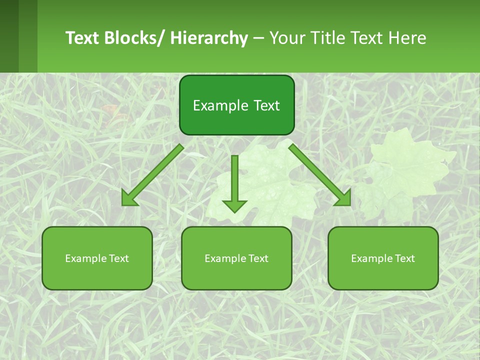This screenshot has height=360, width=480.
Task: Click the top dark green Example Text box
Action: click(x=236, y=105)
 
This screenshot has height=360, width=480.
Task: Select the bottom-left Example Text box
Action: click(x=97, y=258)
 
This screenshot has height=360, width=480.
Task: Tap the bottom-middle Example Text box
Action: click(x=236, y=258)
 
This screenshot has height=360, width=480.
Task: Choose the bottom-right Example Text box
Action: click(x=383, y=258)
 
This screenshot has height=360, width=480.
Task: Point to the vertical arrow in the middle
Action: click(x=234, y=180)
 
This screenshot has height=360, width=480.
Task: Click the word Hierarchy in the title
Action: click(x=208, y=38)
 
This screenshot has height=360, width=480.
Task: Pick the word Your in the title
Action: click(x=286, y=38)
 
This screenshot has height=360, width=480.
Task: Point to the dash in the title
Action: click(x=258, y=38)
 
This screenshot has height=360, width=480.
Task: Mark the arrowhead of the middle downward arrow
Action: click(x=234, y=205)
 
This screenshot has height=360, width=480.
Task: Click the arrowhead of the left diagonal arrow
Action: click(x=129, y=198)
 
